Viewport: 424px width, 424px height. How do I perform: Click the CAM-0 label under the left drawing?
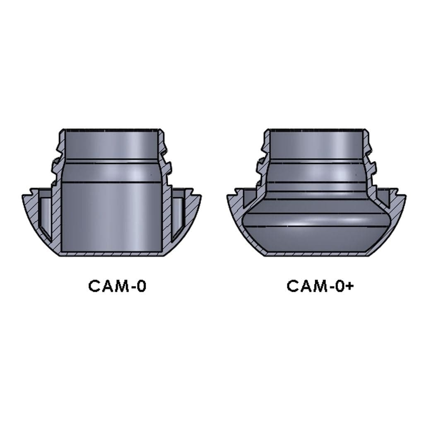[x=117, y=286]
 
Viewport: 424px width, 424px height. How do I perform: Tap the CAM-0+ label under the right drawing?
[x=320, y=286]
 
